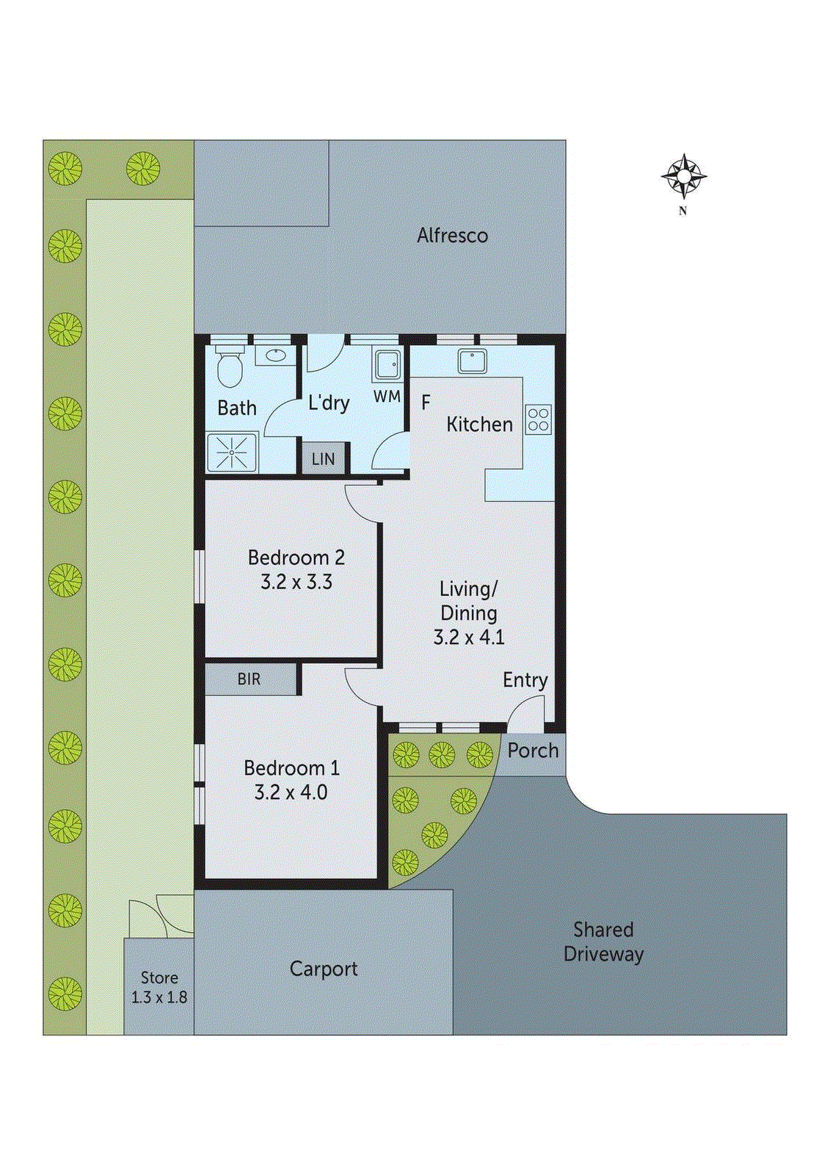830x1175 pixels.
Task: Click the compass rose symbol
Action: point(683,176)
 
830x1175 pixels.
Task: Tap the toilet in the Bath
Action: point(229,366)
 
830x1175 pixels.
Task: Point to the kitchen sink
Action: point(472,361)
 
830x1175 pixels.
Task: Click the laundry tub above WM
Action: point(387,364)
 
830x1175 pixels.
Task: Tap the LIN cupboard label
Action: point(323,459)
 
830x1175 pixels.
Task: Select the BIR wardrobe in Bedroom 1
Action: point(250,679)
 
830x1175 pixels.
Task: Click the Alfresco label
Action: point(452,236)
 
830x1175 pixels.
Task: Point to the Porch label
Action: point(533,751)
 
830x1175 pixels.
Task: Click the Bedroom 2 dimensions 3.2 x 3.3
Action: point(296,582)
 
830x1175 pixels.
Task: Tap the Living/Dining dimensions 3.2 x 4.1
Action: point(469,637)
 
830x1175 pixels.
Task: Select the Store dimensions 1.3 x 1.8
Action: point(159,997)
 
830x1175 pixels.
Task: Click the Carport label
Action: point(324,969)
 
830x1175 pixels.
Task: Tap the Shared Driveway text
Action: point(603,942)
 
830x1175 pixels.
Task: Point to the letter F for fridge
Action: point(426,402)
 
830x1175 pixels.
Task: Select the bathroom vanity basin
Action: point(276,356)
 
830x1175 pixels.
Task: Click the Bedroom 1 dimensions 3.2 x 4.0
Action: point(291,792)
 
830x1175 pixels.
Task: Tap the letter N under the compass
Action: point(682,211)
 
